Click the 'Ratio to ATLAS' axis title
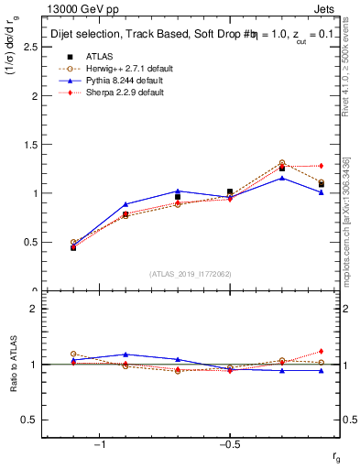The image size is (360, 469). pos(13,365)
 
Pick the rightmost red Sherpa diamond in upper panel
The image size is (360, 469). pos(321,166)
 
